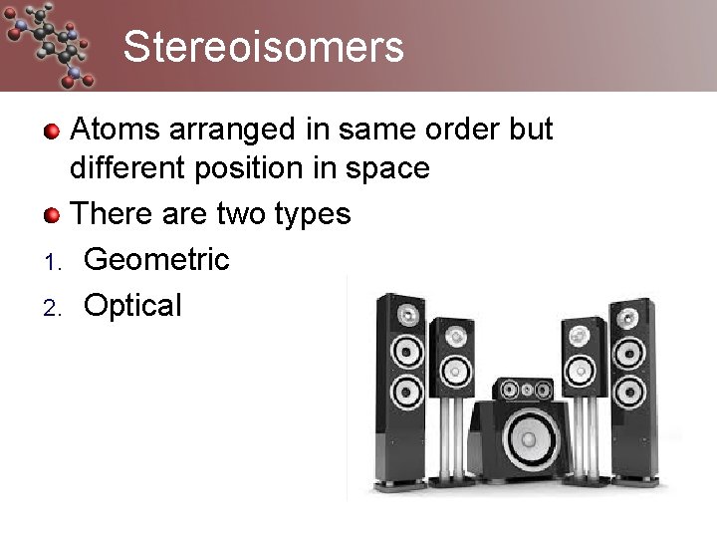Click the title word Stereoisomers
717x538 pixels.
tap(264, 47)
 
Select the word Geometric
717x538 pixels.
tap(156, 260)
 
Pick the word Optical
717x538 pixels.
tap(132, 305)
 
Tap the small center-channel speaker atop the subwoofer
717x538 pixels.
tap(523, 389)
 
